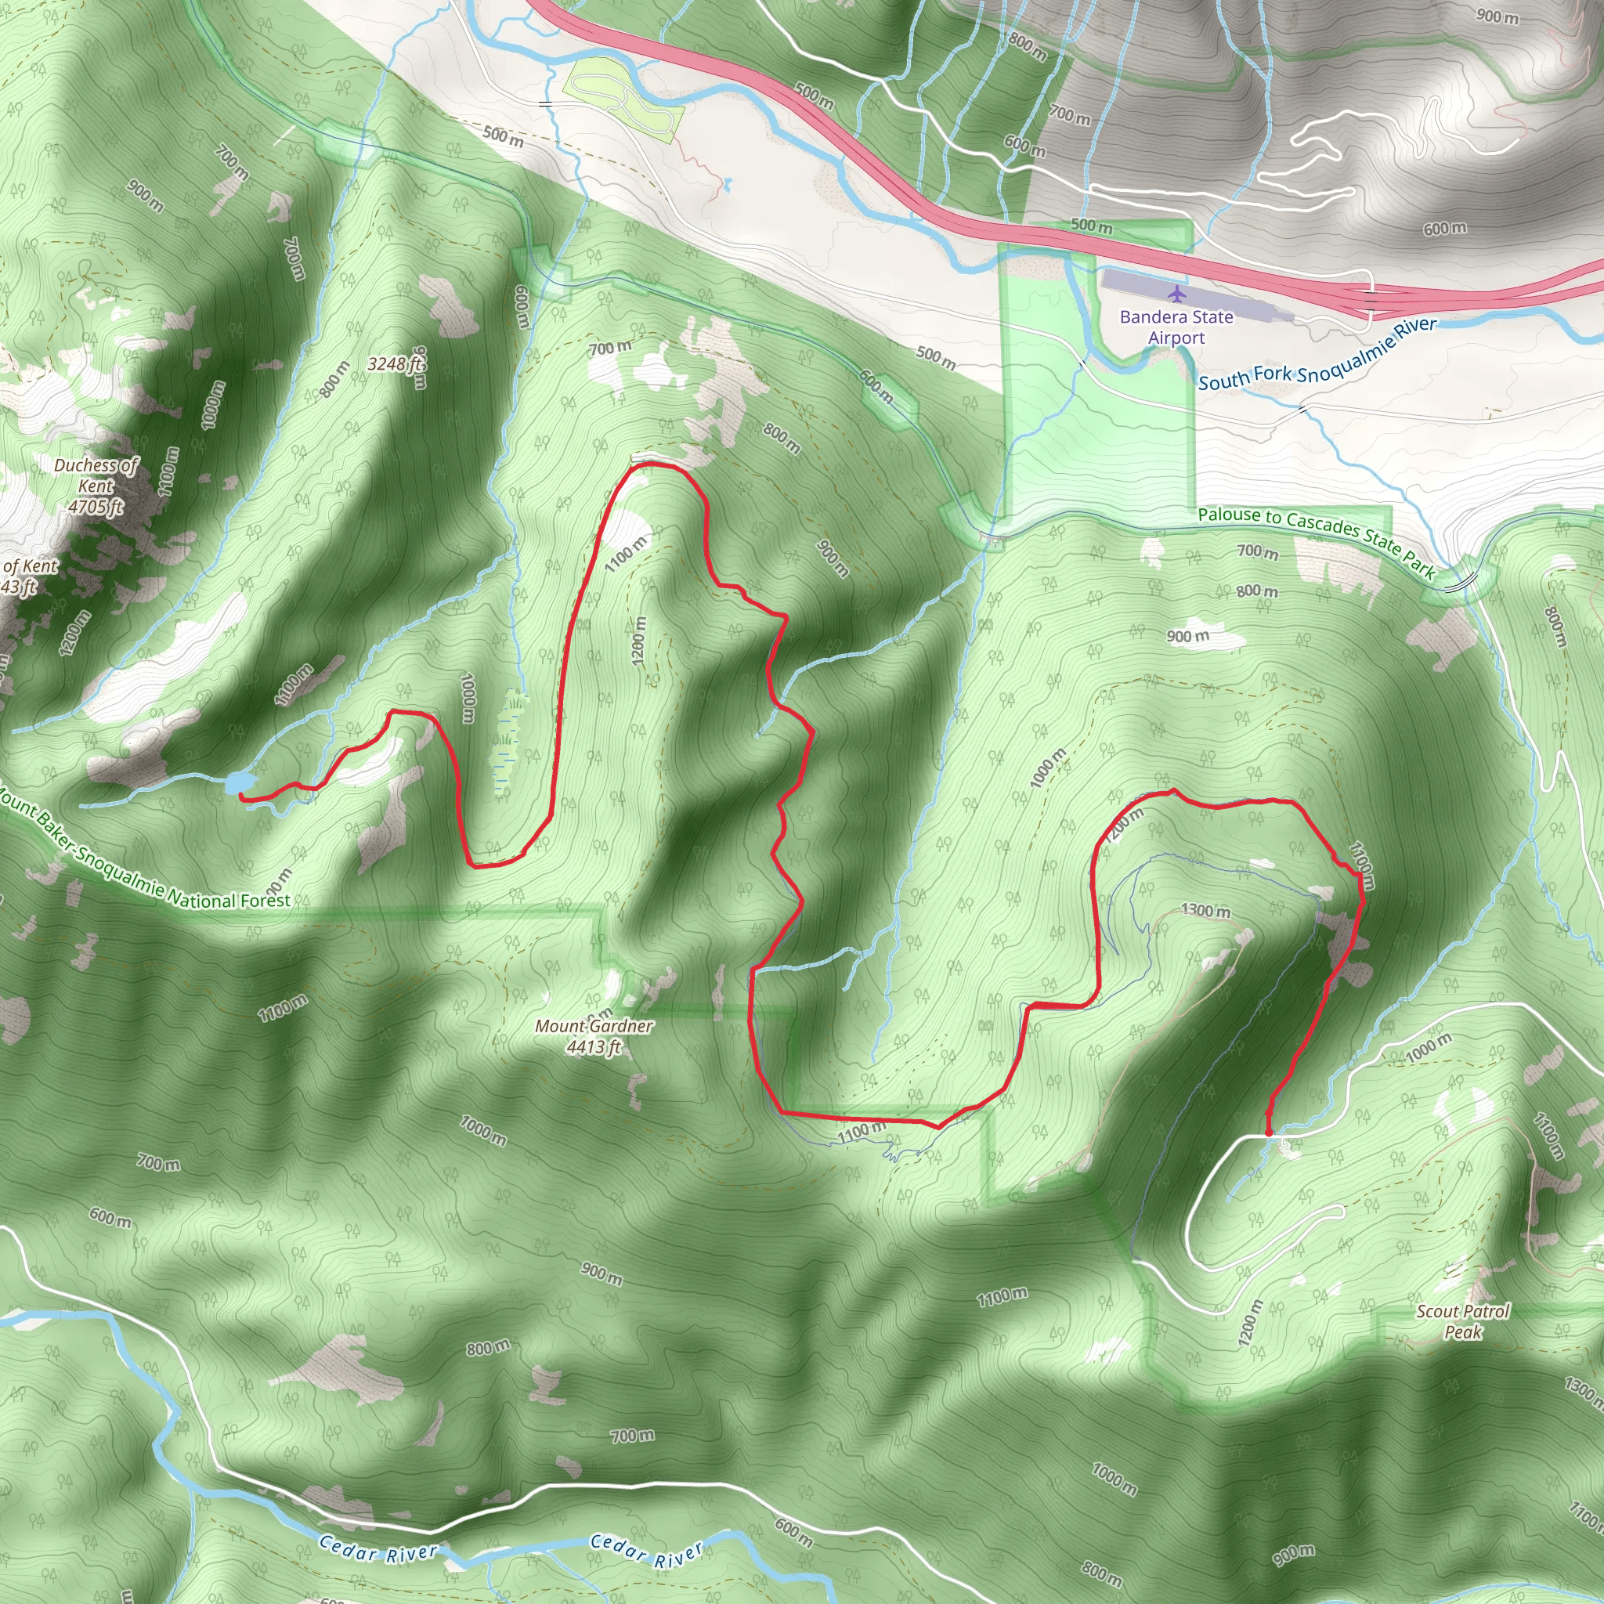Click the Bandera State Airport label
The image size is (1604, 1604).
coord(1176,327)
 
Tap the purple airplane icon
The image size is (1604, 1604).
coord(1176,294)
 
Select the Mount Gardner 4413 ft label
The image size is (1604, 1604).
coord(594,1036)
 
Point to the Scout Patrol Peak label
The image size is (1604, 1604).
coord(1463,1322)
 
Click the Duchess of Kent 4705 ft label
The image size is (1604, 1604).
coord(96,486)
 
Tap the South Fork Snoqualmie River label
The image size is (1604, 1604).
coord(1317,355)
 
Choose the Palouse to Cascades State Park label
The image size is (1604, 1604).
coord(1316,540)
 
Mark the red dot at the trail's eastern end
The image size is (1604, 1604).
coord(1269,1132)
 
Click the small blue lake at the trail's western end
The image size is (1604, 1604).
coord(239,782)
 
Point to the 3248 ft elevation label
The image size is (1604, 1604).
coord(396,363)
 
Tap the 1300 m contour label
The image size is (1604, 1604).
coord(1205,911)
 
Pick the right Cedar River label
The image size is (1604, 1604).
coord(648,1552)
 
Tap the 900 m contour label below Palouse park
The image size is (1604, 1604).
coord(1187,637)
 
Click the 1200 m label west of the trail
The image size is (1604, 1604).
coord(638,639)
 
